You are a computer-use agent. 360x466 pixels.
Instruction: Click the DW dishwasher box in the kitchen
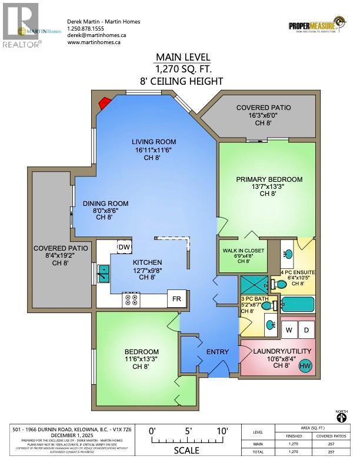tap(124, 248)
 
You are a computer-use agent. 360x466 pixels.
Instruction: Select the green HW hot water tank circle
tap(305, 367)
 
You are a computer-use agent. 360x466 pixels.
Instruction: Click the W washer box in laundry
tap(289, 330)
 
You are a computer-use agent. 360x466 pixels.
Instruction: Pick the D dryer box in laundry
tap(306, 330)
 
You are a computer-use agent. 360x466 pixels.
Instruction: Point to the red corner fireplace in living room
tap(105, 104)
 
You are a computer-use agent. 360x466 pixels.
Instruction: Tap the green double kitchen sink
tap(104, 273)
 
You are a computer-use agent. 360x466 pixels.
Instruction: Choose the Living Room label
tap(154, 142)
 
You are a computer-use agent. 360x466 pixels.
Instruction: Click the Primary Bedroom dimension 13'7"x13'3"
tap(269, 187)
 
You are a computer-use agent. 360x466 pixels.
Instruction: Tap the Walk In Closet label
tap(244, 251)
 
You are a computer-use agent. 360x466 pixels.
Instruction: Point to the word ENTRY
tap(217, 352)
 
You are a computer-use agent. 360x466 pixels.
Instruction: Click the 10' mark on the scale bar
tap(221, 430)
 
